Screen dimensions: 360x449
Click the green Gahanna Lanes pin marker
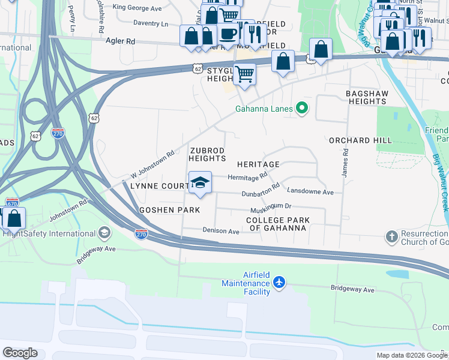tap(302, 109)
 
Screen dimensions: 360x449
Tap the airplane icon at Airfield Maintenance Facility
tap(279, 282)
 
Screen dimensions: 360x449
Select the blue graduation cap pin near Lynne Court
tap(200, 182)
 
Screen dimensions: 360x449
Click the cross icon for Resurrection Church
tap(391, 235)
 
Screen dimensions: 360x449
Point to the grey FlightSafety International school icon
tap(104, 233)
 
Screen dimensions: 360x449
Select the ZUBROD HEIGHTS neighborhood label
tap(207, 154)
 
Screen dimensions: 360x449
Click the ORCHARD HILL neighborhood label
tap(360, 140)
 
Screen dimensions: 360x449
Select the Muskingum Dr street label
tap(271, 206)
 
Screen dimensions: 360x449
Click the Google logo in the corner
tap(20, 352)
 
